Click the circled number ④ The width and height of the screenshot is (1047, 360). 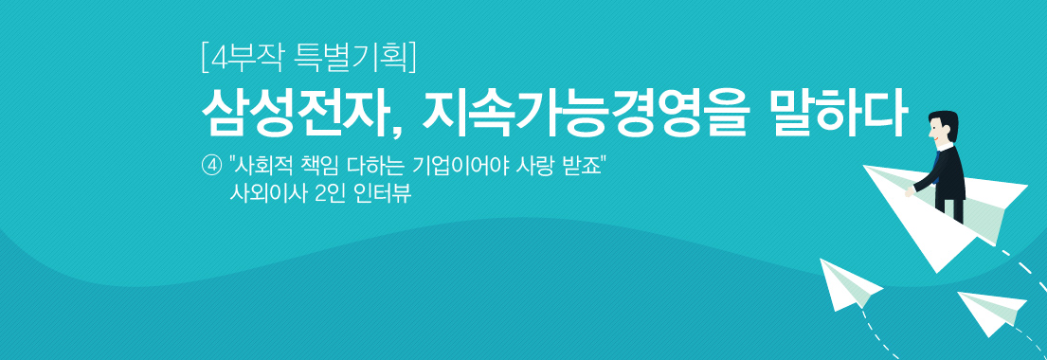[211, 165]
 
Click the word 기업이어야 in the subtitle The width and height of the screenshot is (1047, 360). [467, 165]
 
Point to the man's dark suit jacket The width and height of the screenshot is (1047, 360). [947, 171]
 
